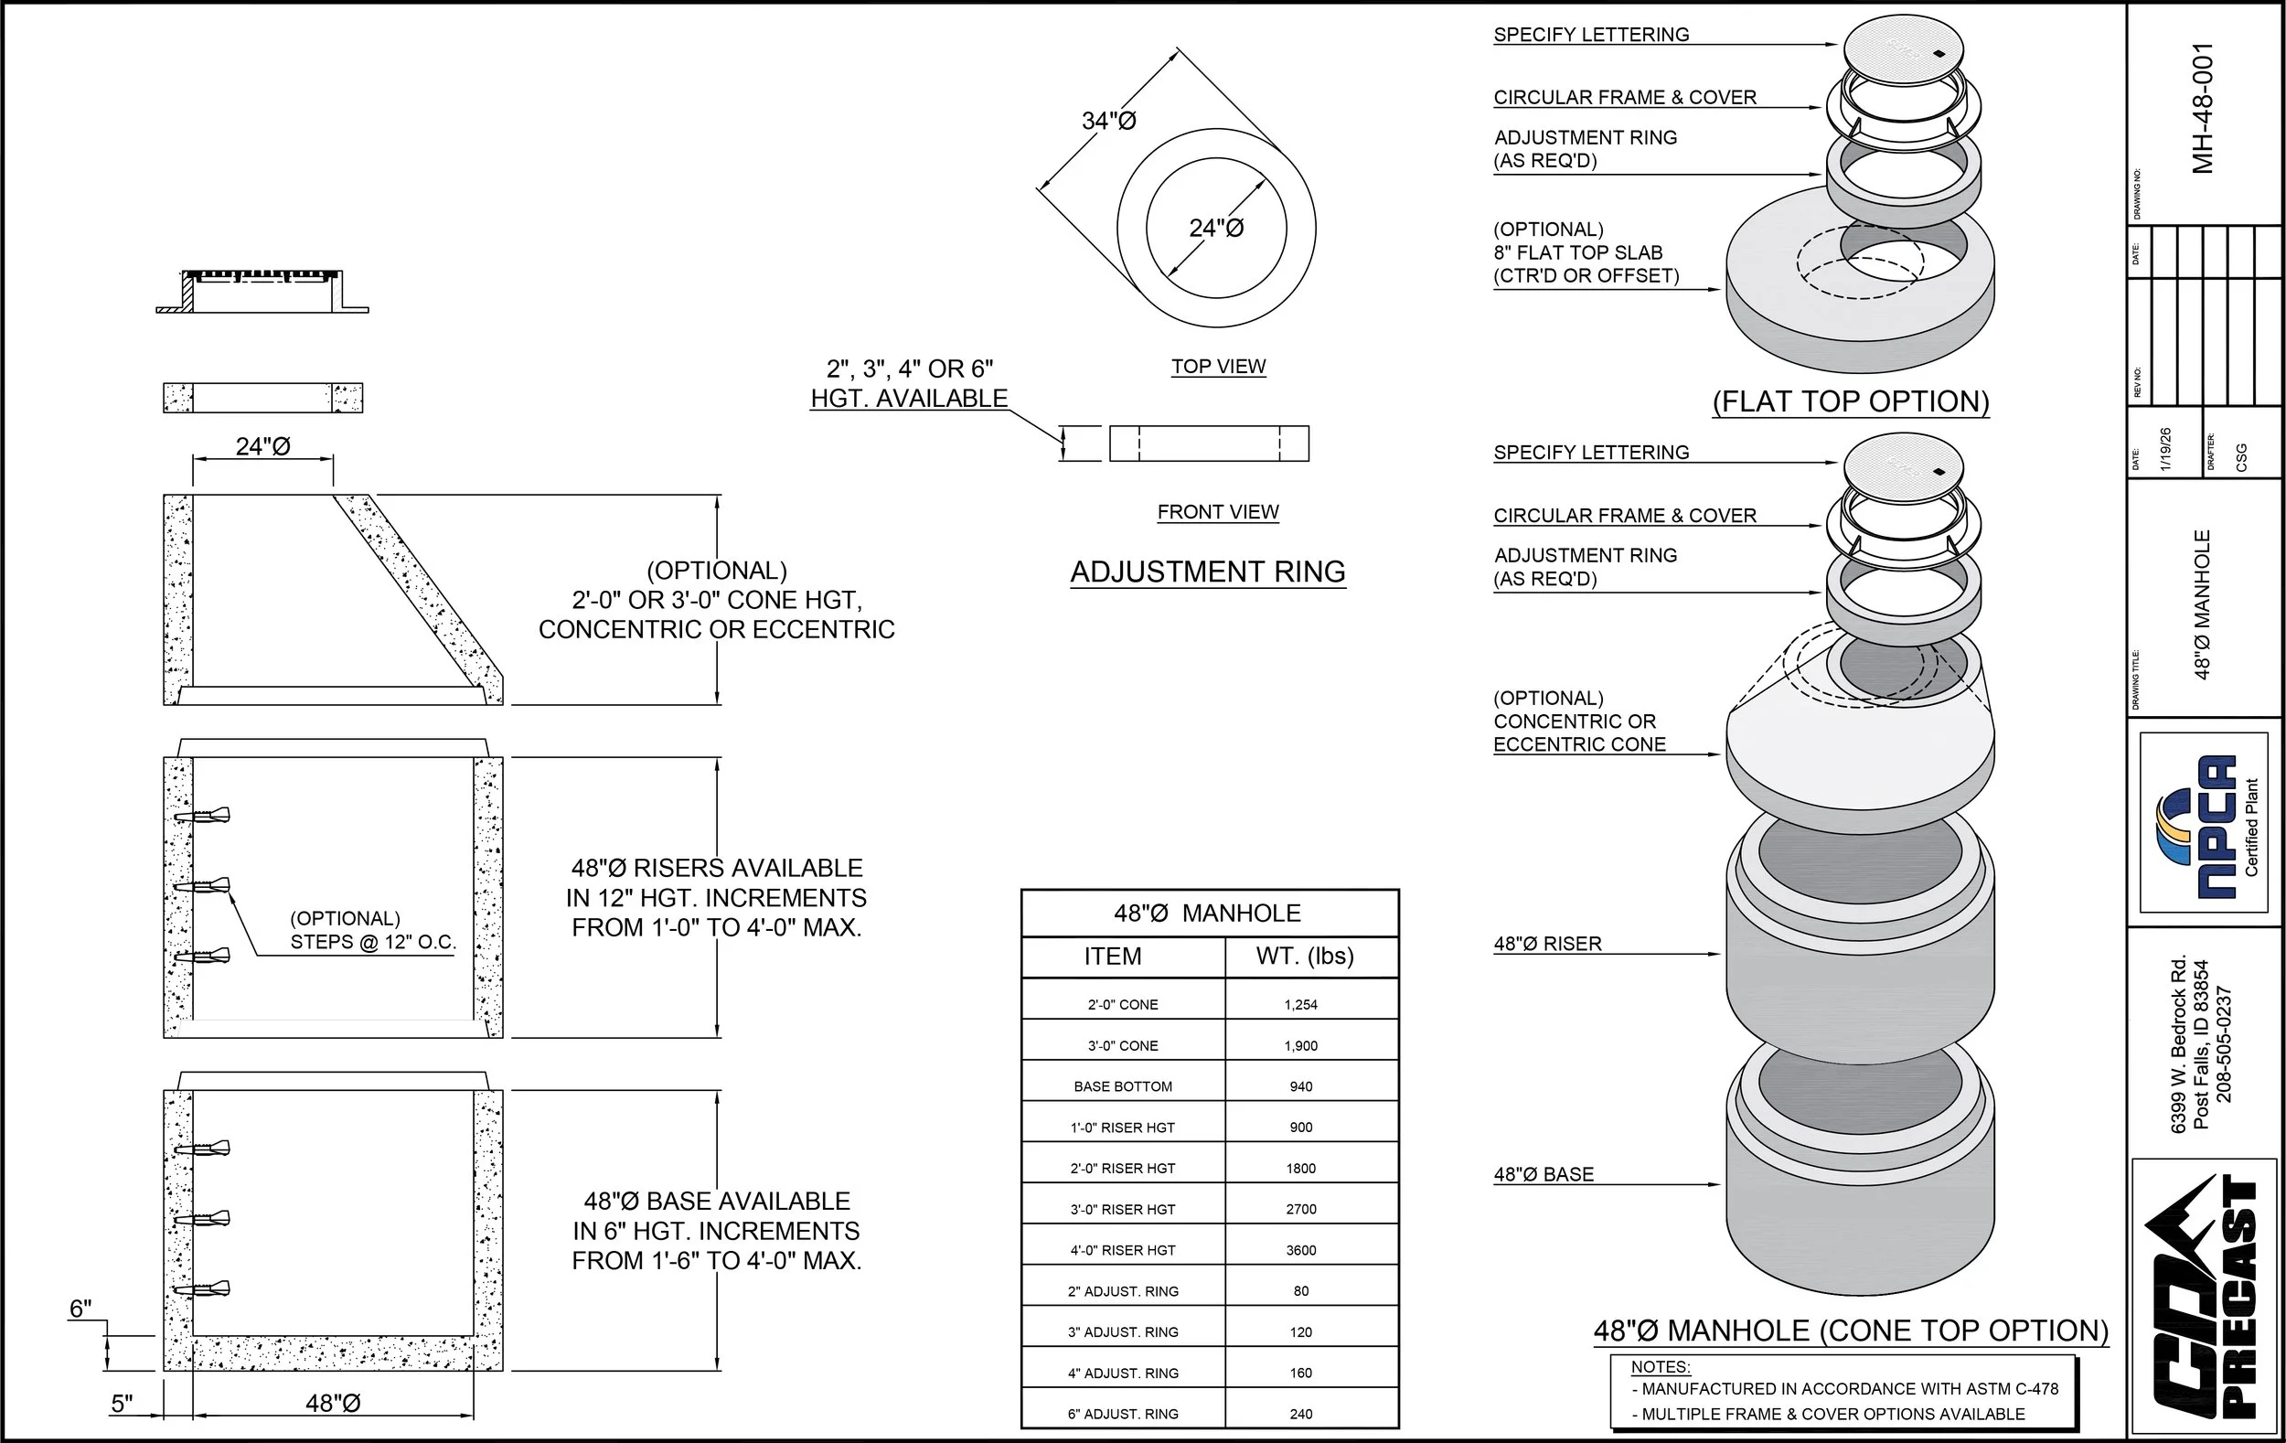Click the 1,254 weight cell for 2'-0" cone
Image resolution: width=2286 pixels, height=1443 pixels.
click(1300, 1004)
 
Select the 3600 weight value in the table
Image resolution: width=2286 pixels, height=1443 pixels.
click(1300, 1250)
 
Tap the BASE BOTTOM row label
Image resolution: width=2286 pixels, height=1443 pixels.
click(1123, 1086)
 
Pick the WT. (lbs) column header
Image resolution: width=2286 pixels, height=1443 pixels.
click(1304, 956)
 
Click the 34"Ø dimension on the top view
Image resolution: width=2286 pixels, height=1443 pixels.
click(1109, 121)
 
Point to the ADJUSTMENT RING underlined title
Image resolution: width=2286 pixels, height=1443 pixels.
click(1208, 572)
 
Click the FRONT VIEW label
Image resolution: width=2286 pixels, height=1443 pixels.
click(1218, 512)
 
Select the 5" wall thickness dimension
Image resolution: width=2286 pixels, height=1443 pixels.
click(122, 1403)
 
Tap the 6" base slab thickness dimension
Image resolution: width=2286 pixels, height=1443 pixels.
click(80, 1309)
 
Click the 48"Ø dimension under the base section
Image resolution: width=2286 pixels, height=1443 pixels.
click(333, 1403)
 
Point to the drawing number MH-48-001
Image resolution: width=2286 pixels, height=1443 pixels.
click(2203, 108)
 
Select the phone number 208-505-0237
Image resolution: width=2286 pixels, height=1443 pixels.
click(2225, 1044)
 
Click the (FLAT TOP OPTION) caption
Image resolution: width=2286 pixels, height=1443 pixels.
click(1850, 401)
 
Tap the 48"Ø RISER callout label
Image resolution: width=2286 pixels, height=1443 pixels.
click(1547, 944)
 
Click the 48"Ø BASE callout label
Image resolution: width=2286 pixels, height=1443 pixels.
click(1544, 1174)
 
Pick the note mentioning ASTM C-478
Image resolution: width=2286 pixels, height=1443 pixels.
click(1843, 1389)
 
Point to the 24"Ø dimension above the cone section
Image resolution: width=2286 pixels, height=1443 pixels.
click(263, 446)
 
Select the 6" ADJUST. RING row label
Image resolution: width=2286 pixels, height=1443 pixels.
click(1123, 1414)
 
